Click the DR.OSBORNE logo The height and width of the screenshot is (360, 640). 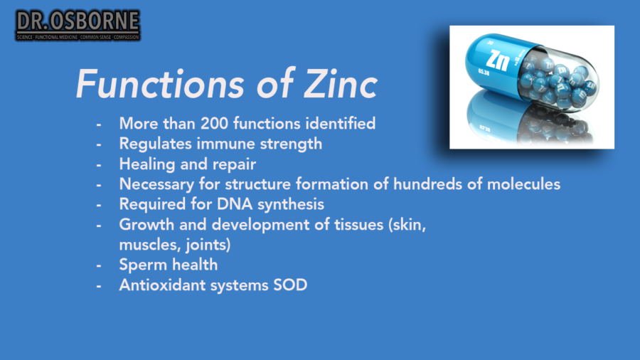[78, 25]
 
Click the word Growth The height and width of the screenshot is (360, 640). [144, 225]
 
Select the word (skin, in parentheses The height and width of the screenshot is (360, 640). [409, 225]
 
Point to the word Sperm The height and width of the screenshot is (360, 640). [142, 265]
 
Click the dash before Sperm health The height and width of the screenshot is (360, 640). [99, 265]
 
